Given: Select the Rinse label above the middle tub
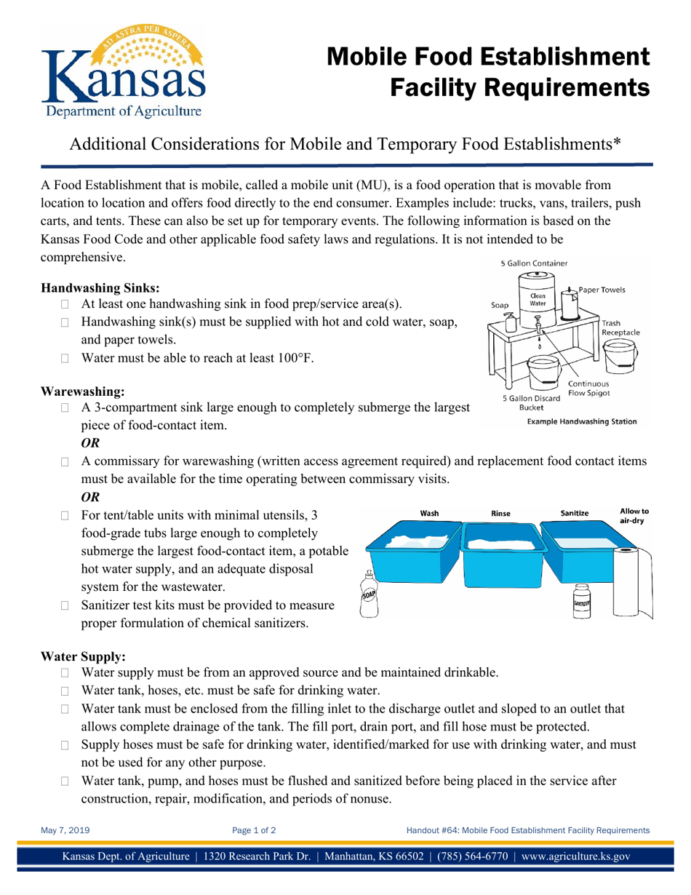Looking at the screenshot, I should tap(501, 514).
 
